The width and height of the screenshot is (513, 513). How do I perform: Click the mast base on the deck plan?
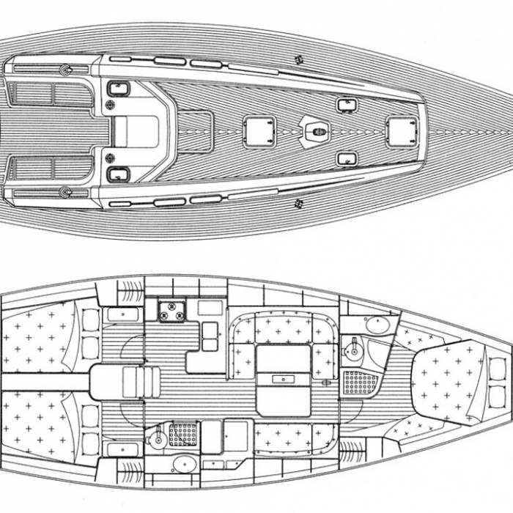pos(317,132)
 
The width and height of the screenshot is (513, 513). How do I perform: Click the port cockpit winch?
pos(64,70)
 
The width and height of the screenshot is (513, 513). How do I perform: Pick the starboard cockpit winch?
pos(64,193)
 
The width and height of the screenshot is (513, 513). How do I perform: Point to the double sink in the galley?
pos(210,336)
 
